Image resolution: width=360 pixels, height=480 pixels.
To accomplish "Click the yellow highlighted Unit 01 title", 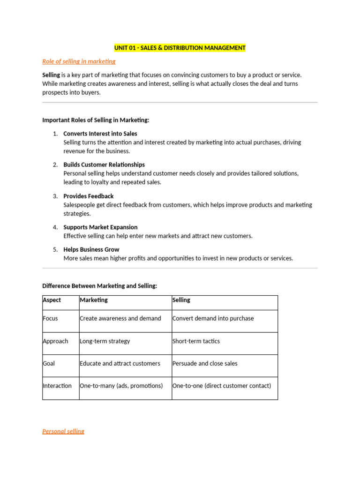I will point(180,48).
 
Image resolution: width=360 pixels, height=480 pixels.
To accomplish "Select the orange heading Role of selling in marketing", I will point(79,61).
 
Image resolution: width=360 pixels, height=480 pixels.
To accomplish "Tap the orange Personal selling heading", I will point(63,431).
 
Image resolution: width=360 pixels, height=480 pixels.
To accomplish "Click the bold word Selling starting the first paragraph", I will point(51,75).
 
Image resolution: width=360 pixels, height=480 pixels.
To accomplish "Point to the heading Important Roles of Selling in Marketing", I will point(96,120).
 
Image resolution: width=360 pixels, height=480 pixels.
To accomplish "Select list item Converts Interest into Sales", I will point(100,134).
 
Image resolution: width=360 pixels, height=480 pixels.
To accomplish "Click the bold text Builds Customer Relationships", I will point(104,165).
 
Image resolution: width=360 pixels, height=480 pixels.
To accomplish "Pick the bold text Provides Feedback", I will point(89,196).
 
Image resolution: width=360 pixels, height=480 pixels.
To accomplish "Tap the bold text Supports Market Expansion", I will point(100,227).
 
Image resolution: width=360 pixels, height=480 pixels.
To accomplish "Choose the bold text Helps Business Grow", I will point(91,249).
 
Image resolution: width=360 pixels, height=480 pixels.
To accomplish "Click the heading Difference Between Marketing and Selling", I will point(100,285).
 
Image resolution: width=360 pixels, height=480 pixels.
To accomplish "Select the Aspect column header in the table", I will point(52,300).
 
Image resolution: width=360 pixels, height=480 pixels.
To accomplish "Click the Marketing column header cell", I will point(94,300).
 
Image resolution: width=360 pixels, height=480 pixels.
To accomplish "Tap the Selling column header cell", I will point(181,300).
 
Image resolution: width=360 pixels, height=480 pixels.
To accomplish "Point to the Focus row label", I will point(51,319).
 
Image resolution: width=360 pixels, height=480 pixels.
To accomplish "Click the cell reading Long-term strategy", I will point(105,341).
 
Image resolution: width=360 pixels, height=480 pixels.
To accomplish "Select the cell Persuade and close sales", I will point(205,363).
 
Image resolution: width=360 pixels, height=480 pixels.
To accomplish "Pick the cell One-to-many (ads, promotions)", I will point(121,386).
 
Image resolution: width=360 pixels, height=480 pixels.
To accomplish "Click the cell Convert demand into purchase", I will point(213,319).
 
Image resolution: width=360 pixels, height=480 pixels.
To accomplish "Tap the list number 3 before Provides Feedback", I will point(55,196).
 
